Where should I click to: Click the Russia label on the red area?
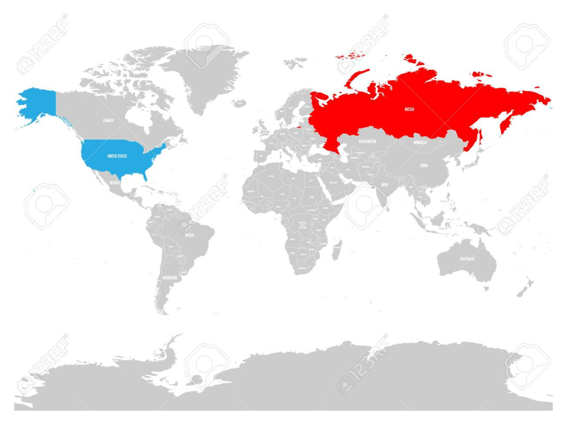point(409,110)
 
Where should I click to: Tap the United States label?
point(117,157)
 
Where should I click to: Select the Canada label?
point(108,120)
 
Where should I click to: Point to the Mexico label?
point(115,182)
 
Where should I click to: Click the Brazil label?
point(189,235)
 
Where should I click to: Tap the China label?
point(424,165)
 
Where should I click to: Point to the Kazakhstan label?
point(367,142)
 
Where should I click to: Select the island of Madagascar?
point(336,250)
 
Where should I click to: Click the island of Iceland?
point(239,103)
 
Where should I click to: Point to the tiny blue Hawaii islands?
point(34,191)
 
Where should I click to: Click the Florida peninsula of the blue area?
point(145,175)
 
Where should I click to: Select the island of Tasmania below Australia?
point(486,288)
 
